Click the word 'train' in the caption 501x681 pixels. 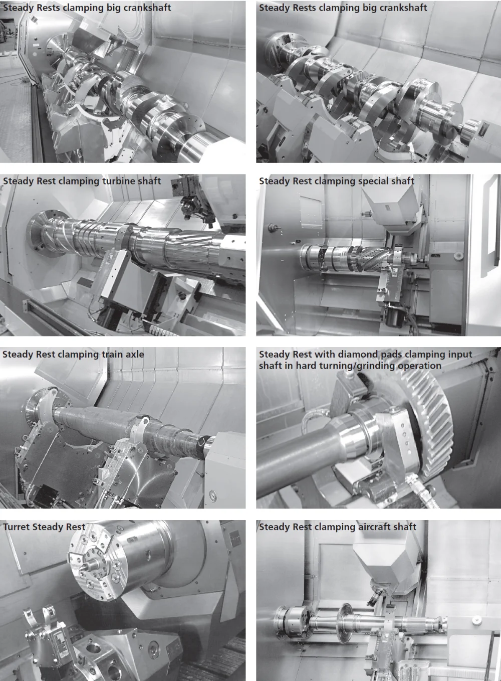[x=102, y=355]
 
